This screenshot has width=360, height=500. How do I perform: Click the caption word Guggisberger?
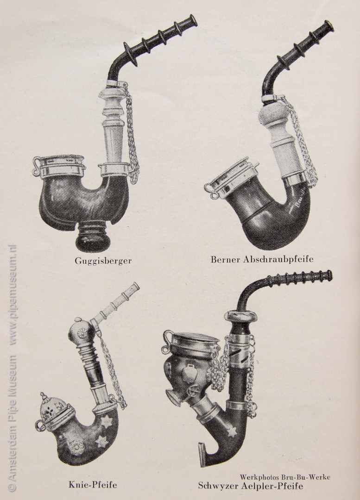tap(103, 261)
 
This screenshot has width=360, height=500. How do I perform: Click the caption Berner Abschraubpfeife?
tap(262, 259)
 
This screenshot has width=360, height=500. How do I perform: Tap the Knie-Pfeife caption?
tap(93, 485)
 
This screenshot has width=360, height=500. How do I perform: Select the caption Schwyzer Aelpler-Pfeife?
tap(250, 486)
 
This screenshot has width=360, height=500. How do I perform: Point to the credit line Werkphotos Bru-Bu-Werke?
tap(285, 477)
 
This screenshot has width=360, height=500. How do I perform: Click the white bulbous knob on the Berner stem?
tap(272, 114)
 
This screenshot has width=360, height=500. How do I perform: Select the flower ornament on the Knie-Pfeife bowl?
tap(76, 446)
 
